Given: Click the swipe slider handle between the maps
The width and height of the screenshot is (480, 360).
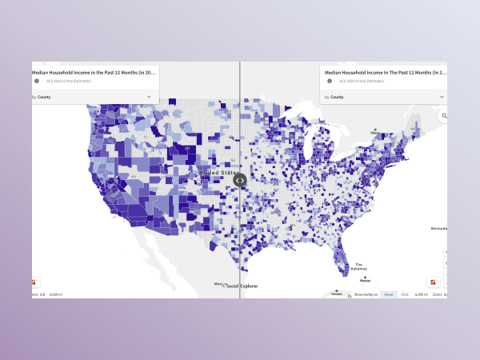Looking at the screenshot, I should [239, 180].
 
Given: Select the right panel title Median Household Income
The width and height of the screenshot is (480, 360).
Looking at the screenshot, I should [385, 72].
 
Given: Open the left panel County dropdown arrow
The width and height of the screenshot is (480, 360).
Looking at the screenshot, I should [149, 97].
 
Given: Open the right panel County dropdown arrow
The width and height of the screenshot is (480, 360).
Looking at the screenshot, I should [441, 97].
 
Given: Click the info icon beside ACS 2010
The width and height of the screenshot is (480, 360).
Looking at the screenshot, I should [37, 81].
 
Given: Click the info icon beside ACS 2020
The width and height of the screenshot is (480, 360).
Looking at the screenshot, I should [329, 81].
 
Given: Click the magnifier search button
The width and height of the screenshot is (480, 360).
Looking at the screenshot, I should [442, 117].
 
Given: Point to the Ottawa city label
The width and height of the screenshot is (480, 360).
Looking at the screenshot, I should [374, 131].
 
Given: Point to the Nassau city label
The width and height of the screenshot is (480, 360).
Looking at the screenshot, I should [365, 280].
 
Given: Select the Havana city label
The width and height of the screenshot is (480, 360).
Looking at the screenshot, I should [336, 294].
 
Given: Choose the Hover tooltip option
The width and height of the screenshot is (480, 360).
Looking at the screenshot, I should [388, 294].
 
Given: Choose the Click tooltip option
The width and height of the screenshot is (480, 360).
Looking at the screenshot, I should [404, 294].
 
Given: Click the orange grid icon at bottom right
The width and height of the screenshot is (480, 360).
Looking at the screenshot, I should [433, 282].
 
